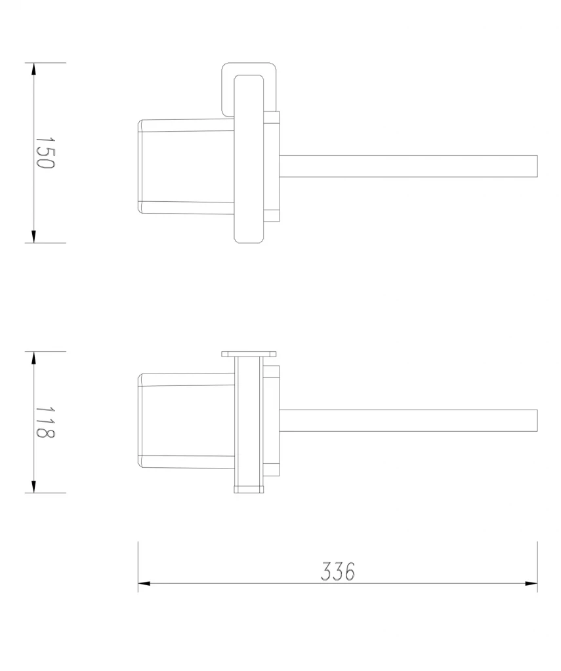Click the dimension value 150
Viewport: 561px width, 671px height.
click(x=45, y=153)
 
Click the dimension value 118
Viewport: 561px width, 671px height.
click(x=45, y=422)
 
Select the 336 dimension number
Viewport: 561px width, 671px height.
click(x=338, y=571)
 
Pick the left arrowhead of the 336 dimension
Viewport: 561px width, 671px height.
click(x=144, y=583)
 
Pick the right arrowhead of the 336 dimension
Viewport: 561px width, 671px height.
click(x=531, y=583)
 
